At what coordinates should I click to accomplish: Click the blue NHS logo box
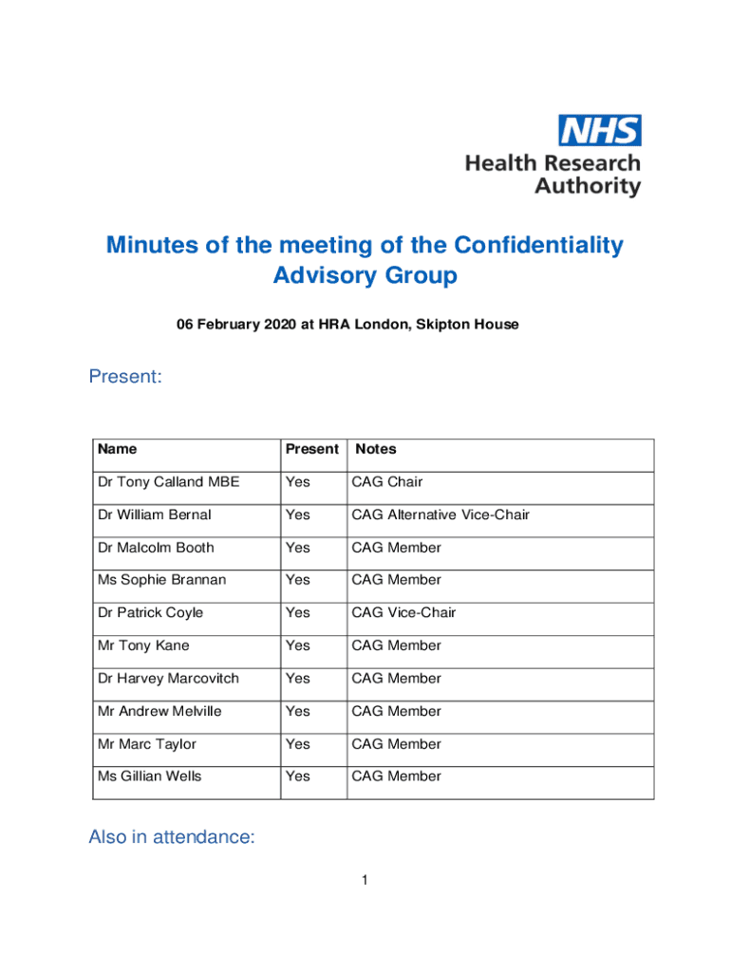coord(599,130)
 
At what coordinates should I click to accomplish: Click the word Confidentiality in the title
coord(538,245)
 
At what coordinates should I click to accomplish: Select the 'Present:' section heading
coord(125,377)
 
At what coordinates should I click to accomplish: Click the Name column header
coord(117,449)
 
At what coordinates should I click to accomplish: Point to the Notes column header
coord(376,449)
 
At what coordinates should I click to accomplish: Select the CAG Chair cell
coord(387,482)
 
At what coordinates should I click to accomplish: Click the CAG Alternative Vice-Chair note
coord(440,514)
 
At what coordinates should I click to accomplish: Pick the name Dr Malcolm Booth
coord(156,548)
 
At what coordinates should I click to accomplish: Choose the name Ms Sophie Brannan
coord(161,580)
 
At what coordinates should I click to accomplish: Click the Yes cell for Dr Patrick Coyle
coord(298,613)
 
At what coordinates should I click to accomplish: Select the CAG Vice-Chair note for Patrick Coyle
coord(403,613)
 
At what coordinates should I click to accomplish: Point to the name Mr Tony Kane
coord(143,645)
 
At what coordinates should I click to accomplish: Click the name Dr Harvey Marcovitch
coord(168,679)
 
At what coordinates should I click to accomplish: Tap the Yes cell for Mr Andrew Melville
coord(298,711)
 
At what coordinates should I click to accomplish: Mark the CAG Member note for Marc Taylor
coord(396,744)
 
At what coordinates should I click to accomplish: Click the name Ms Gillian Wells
coord(150,776)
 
